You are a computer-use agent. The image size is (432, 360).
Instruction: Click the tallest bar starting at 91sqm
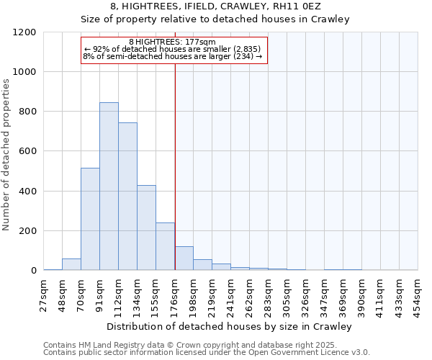click(x=109, y=186)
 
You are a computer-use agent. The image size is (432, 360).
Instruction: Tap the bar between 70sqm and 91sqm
click(x=90, y=219)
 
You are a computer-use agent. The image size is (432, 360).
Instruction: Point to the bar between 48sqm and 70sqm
click(x=71, y=264)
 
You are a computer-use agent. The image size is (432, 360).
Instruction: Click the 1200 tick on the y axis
click(x=25, y=32)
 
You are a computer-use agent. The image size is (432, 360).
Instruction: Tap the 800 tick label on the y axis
click(x=27, y=112)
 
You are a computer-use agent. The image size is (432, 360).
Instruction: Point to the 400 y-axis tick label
click(x=27, y=192)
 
